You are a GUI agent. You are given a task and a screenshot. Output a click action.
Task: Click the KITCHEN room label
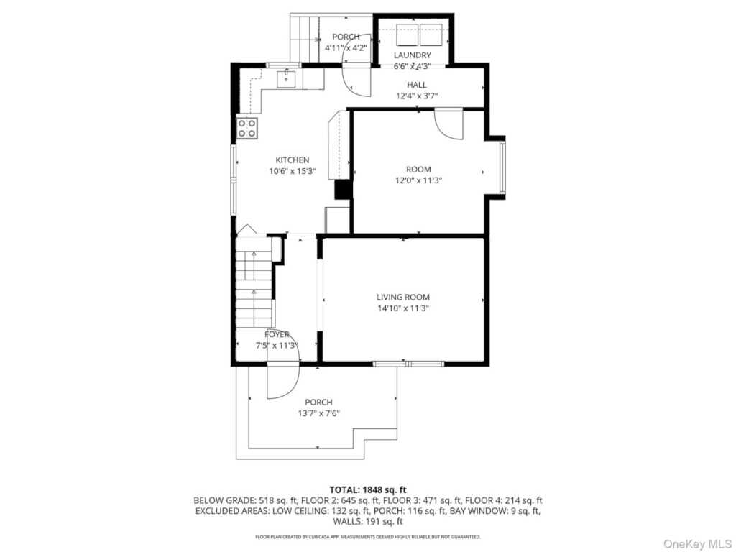tap(293, 160)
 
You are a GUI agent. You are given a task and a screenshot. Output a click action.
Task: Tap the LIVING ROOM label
tap(403, 297)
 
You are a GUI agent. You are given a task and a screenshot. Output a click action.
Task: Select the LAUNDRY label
tap(413, 55)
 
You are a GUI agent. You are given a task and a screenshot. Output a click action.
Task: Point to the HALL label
tap(417, 85)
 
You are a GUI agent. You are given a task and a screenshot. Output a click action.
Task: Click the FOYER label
tap(277, 334)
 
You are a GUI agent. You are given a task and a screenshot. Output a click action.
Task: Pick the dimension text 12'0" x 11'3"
tap(418, 181)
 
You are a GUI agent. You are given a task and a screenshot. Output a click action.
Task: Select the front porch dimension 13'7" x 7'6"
tap(318, 413)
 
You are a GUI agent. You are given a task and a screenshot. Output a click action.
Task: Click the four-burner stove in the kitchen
tap(247, 128)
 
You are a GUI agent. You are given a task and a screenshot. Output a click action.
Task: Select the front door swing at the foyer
tap(282, 381)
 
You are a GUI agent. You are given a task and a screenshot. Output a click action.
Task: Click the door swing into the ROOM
tap(450, 124)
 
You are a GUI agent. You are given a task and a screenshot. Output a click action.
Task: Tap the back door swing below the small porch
tap(355, 78)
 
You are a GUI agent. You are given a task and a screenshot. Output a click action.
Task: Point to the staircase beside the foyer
tap(254, 287)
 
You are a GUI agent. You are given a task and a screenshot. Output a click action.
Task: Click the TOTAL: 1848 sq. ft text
tap(367, 489)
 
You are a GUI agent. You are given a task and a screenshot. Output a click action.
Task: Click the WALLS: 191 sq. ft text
tap(367, 521)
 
